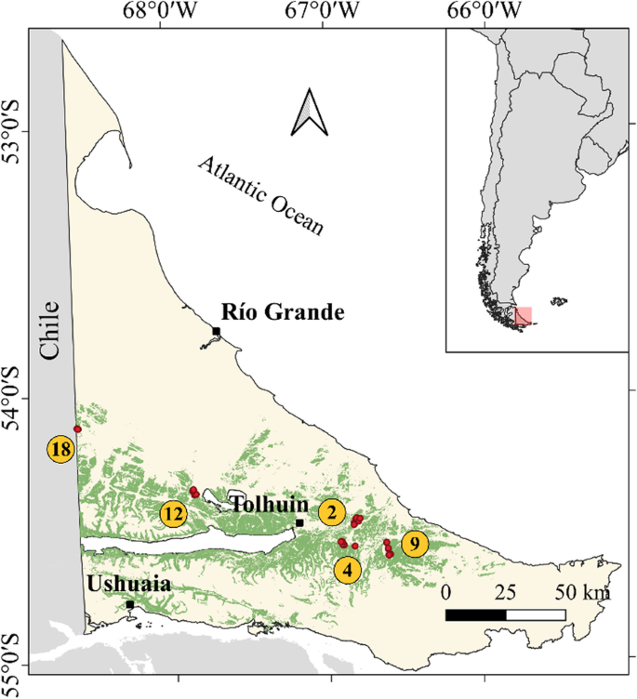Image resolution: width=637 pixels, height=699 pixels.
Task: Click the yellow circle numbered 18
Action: click(x=61, y=450)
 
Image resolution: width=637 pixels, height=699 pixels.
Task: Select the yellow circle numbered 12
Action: click(x=172, y=512)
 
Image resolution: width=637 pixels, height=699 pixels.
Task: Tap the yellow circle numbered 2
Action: click(x=332, y=511)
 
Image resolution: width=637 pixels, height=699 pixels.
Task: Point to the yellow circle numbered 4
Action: click(x=348, y=569)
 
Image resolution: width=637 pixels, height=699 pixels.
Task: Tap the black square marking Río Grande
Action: click(x=216, y=331)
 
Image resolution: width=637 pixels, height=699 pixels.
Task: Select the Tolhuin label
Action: click(x=270, y=505)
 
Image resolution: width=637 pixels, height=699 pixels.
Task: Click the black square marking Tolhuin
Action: click(x=299, y=523)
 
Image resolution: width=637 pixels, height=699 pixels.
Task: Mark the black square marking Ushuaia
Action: click(x=130, y=605)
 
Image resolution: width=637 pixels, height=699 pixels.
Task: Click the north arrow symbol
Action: click(x=309, y=112)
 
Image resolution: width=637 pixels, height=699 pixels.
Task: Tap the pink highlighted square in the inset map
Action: click(x=524, y=316)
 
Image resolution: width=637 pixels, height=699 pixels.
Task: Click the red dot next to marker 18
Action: click(x=77, y=429)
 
